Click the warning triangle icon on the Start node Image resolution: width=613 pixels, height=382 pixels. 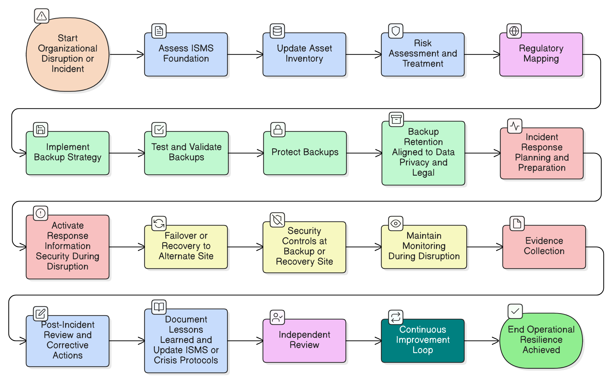tap(42, 16)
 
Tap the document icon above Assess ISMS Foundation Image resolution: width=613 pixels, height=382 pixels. tap(159, 31)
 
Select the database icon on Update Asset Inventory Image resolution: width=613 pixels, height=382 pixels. tap(277, 31)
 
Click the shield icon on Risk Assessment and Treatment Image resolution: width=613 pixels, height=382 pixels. tap(396, 31)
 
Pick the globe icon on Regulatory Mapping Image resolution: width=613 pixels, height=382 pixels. tap(514, 31)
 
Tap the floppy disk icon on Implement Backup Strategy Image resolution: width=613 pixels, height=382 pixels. tap(41, 130)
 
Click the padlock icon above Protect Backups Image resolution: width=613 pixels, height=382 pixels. tap(278, 130)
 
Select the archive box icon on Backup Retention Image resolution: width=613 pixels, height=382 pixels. tap(396, 119)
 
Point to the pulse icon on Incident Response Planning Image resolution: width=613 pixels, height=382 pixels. tap(515, 126)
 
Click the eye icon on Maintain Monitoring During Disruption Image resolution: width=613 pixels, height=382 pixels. tap(396, 223)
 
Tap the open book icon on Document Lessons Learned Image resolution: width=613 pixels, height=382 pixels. tap(159, 307)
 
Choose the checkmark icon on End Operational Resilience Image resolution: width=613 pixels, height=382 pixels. tap(515, 311)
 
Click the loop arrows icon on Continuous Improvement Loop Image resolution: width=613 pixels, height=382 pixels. tap(396, 317)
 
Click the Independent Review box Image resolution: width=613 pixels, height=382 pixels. tap(304, 340)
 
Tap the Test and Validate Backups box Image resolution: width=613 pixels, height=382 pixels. tap(186, 153)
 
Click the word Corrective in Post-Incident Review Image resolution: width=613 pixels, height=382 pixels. tap(68, 345)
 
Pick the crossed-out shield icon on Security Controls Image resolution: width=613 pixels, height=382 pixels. tap(277, 220)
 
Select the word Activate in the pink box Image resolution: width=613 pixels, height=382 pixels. tap(68, 226)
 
